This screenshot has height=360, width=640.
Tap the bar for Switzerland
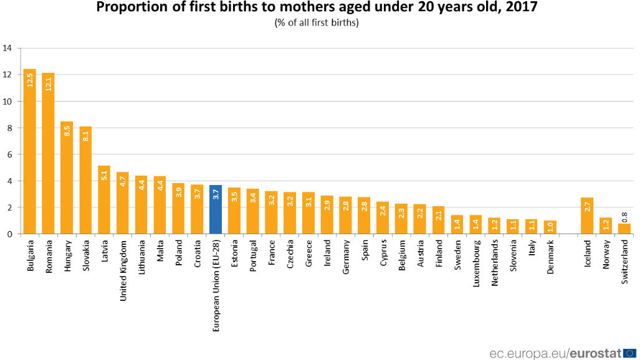point(624,229)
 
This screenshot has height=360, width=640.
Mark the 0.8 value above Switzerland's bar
point(624,216)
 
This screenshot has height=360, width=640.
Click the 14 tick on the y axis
point(7,48)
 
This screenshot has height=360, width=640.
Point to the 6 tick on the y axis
point(7,154)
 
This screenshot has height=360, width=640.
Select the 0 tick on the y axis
point(7,234)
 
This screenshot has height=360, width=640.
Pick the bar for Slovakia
point(86,180)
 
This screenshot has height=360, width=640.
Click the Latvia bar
point(104,200)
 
